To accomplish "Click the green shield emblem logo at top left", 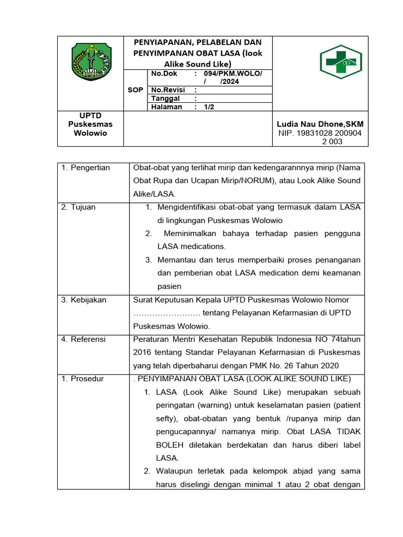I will pyautogui.click(x=91, y=61).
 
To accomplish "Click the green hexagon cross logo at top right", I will pyautogui.click(x=341, y=62).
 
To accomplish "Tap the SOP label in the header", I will pyautogui.click(x=135, y=90).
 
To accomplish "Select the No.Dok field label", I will pyautogui.click(x=164, y=73).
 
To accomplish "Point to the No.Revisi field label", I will pyautogui.click(x=168, y=90).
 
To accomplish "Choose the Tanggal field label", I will pyautogui.click(x=165, y=99).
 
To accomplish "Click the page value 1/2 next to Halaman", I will pyautogui.click(x=209, y=107).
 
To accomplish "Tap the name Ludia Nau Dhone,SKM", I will pyautogui.click(x=320, y=124).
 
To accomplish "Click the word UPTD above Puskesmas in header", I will pyautogui.click(x=90, y=115).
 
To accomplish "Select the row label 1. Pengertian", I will pyautogui.click(x=86, y=168).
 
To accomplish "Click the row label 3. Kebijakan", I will pyautogui.click(x=83, y=300).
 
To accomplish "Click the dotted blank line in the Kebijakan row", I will pyautogui.click(x=166, y=313).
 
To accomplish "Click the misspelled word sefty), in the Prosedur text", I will pyautogui.click(x=169, y=418).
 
